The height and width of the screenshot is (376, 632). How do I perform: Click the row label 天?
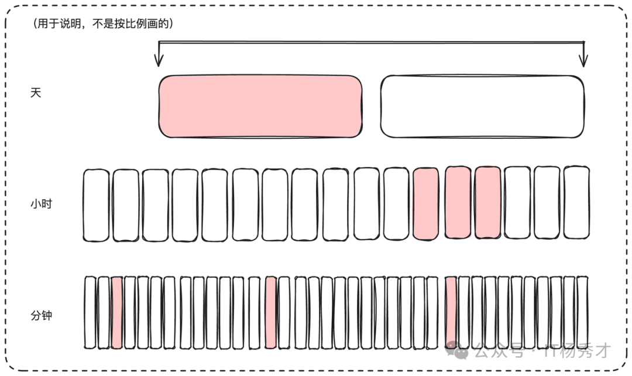click(x=36, y=93)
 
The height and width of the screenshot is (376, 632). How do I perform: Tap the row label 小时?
click(x=41, y=204)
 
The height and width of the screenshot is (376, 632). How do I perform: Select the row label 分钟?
click(x=41, y=315)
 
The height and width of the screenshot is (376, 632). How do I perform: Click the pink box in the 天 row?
click(x=260, y=107)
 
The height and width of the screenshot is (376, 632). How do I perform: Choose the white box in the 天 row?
click(x=482, y=107)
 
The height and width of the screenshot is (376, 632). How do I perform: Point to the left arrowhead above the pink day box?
click(x=159, y=60)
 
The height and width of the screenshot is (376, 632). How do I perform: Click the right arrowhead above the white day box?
click(x=583, y=60)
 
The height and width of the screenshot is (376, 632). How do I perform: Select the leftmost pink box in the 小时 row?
click(x=425, y=204)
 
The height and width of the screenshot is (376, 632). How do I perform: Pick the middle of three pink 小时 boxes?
click(x=458, y=202)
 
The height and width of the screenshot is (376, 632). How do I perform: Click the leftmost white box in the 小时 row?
click(x=96, y=206)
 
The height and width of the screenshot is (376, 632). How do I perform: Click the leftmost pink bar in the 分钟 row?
click(x=117, y=312)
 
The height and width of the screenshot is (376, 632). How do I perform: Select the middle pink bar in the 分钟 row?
click(x=271, y=312)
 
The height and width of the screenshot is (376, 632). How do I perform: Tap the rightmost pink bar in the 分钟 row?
click(x=451, y=312)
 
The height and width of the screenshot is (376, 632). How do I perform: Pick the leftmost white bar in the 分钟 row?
click(x=90, y=312)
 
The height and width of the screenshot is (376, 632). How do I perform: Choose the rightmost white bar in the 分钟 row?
click(x=582, y=312)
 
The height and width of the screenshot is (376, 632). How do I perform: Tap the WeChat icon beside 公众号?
click(x=457, y=351)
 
